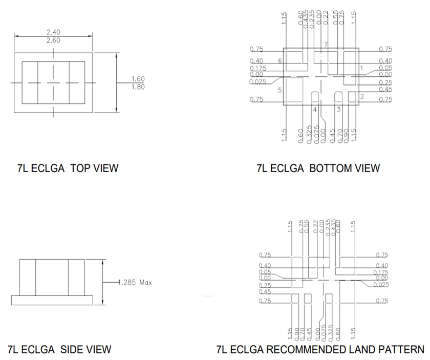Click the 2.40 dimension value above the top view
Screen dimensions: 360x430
coord(53,32)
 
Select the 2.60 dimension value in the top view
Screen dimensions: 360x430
coord(53,40)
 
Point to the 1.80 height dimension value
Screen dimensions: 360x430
coord(138,87)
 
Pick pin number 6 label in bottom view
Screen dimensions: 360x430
coord(280,60)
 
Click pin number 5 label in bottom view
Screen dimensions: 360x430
coord(280,90)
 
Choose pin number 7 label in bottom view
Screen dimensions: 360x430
coord(325,46)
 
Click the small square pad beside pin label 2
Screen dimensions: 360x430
coord(352,96)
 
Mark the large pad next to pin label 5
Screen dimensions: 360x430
coord(295,90)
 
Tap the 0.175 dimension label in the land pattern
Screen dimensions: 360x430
coord(381,272)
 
